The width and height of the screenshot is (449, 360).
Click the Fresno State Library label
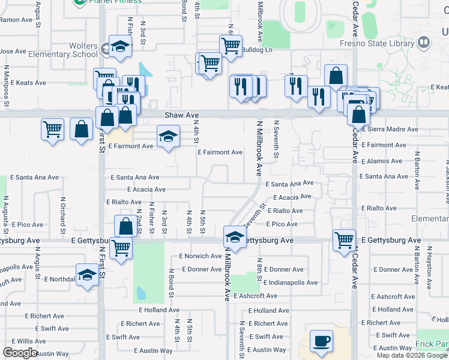pyautogui.click(x=384, y=43)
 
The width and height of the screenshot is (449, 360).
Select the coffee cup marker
pyautogui.click(x=321, y=341)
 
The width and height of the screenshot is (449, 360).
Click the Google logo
pyautogui.click(x=20, y=353)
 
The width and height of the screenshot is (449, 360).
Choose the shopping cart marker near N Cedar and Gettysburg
pyautogui.click(x=344, y=240)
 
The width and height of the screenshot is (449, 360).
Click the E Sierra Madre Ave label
pyautogui.click(x=390, y=129)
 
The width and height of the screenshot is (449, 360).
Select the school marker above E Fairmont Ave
pyautogui.click(x=169, y=136)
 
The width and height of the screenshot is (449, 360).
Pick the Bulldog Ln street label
pyautogui.click(x=257, y=50)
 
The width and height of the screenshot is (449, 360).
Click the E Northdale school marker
pyautogui.click(x=88, y=275)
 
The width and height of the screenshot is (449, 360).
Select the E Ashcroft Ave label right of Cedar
pyautogui.click(x=394, y=297)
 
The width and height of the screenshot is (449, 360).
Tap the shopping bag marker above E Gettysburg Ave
pyautogui.click(x=125, y=226)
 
